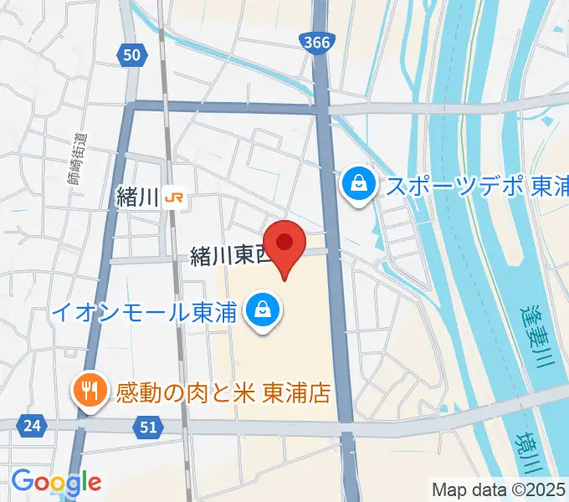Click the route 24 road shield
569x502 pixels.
(x=32, y=426)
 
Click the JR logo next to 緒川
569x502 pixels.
(x=175, y=198)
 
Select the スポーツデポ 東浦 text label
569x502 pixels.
(x=476, y=186)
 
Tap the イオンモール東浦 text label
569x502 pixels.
(x=145, y=311)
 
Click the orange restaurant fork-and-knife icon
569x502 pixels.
(x=87, y=389)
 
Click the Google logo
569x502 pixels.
(x=56, y=481)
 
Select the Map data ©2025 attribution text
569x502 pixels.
(x=498, y=489)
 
